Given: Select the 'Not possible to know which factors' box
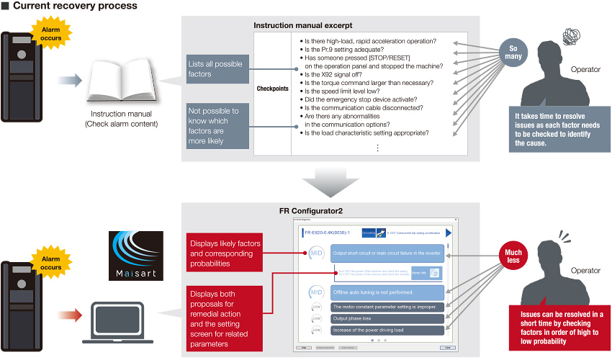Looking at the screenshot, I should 215,125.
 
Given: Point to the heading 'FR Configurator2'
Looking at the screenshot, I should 310,210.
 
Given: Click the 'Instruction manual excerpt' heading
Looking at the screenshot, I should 302,25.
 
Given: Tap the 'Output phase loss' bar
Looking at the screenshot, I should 385,318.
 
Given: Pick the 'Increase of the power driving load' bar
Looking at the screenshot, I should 385,330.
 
